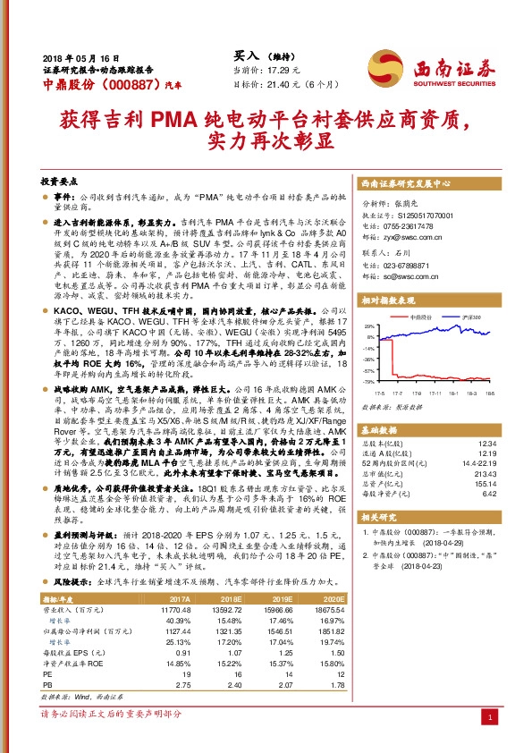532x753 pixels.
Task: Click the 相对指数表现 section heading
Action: (386, 302)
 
